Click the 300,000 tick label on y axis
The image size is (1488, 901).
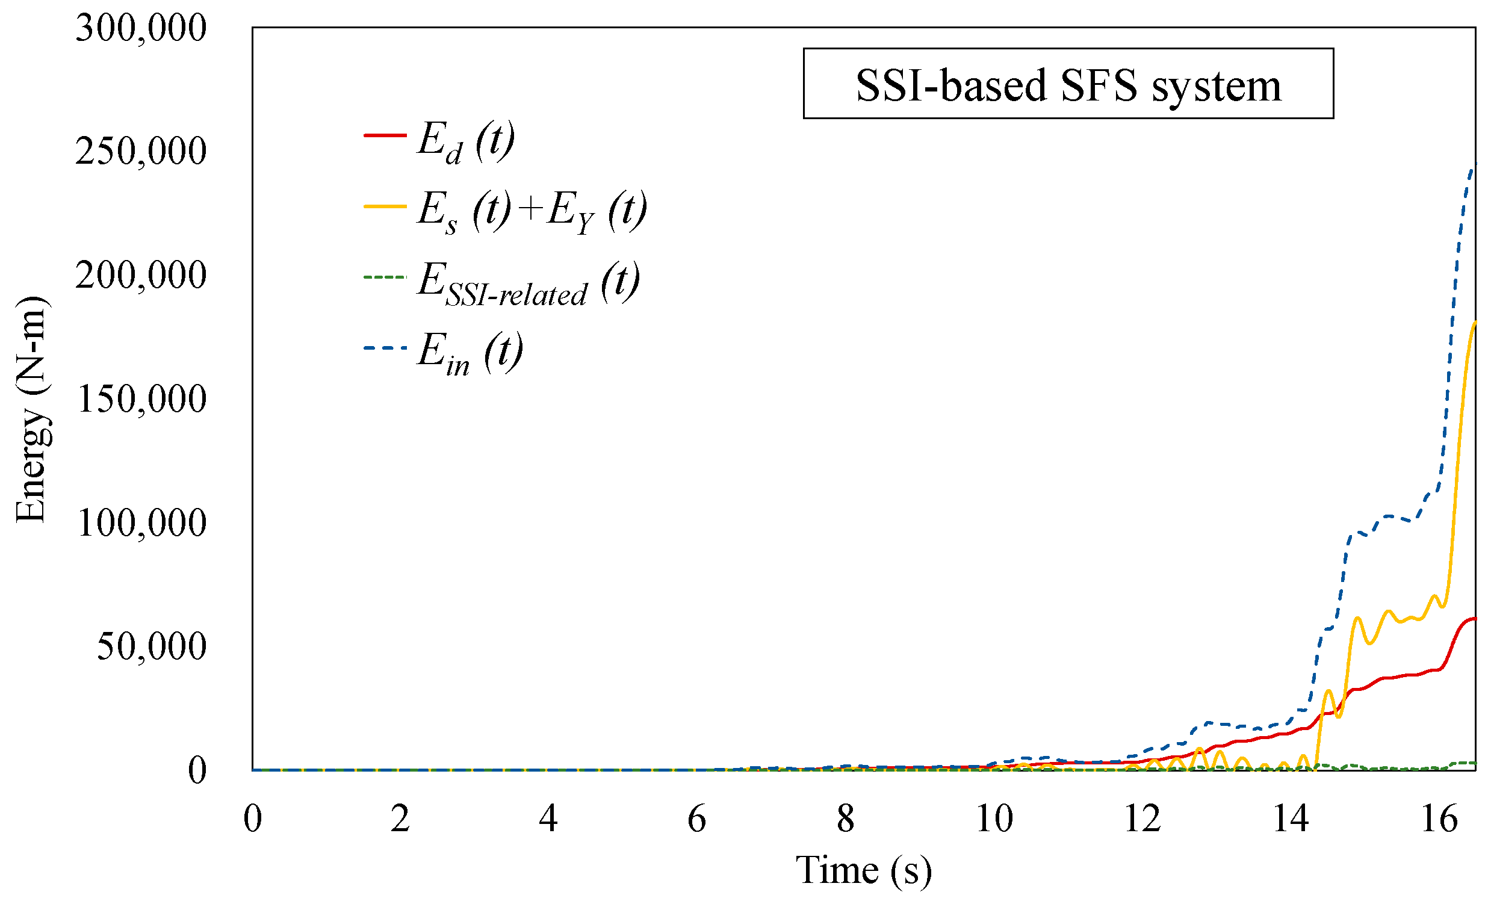click(x=141, y=28)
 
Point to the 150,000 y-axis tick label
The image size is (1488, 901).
click(x=142, y=399)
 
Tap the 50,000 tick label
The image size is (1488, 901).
click(x=152, y=647)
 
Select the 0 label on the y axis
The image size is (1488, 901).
click(x=197, y=771)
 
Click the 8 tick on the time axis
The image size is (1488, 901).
click(x=846, y=820)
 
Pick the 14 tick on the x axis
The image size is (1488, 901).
click(x=1291, y=820)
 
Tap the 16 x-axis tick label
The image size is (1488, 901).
click(x=1439, y=820)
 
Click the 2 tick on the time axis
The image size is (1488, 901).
click(x=400, y=820)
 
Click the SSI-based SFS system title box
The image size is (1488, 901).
click(x=1068, y=84)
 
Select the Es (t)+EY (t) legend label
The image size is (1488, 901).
click(x=532, y=211)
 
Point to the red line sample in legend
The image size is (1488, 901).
click(x=385, y=135)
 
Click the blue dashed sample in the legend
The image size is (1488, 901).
click(x=385, y=348)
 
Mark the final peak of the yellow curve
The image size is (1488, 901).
click(x=1474, y=323)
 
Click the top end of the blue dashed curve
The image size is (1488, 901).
click(x=1474, y=164)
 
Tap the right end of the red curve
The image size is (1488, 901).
click(x=1474, y=618)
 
